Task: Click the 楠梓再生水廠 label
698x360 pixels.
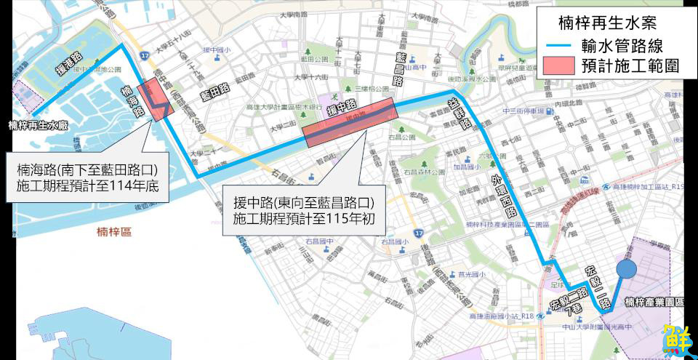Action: (38, 125)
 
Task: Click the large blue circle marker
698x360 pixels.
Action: (627, 269)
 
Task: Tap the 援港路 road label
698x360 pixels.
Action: (70, 64)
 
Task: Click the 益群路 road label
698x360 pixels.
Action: (457, 110)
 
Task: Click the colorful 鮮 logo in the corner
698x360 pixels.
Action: (677, 340)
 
